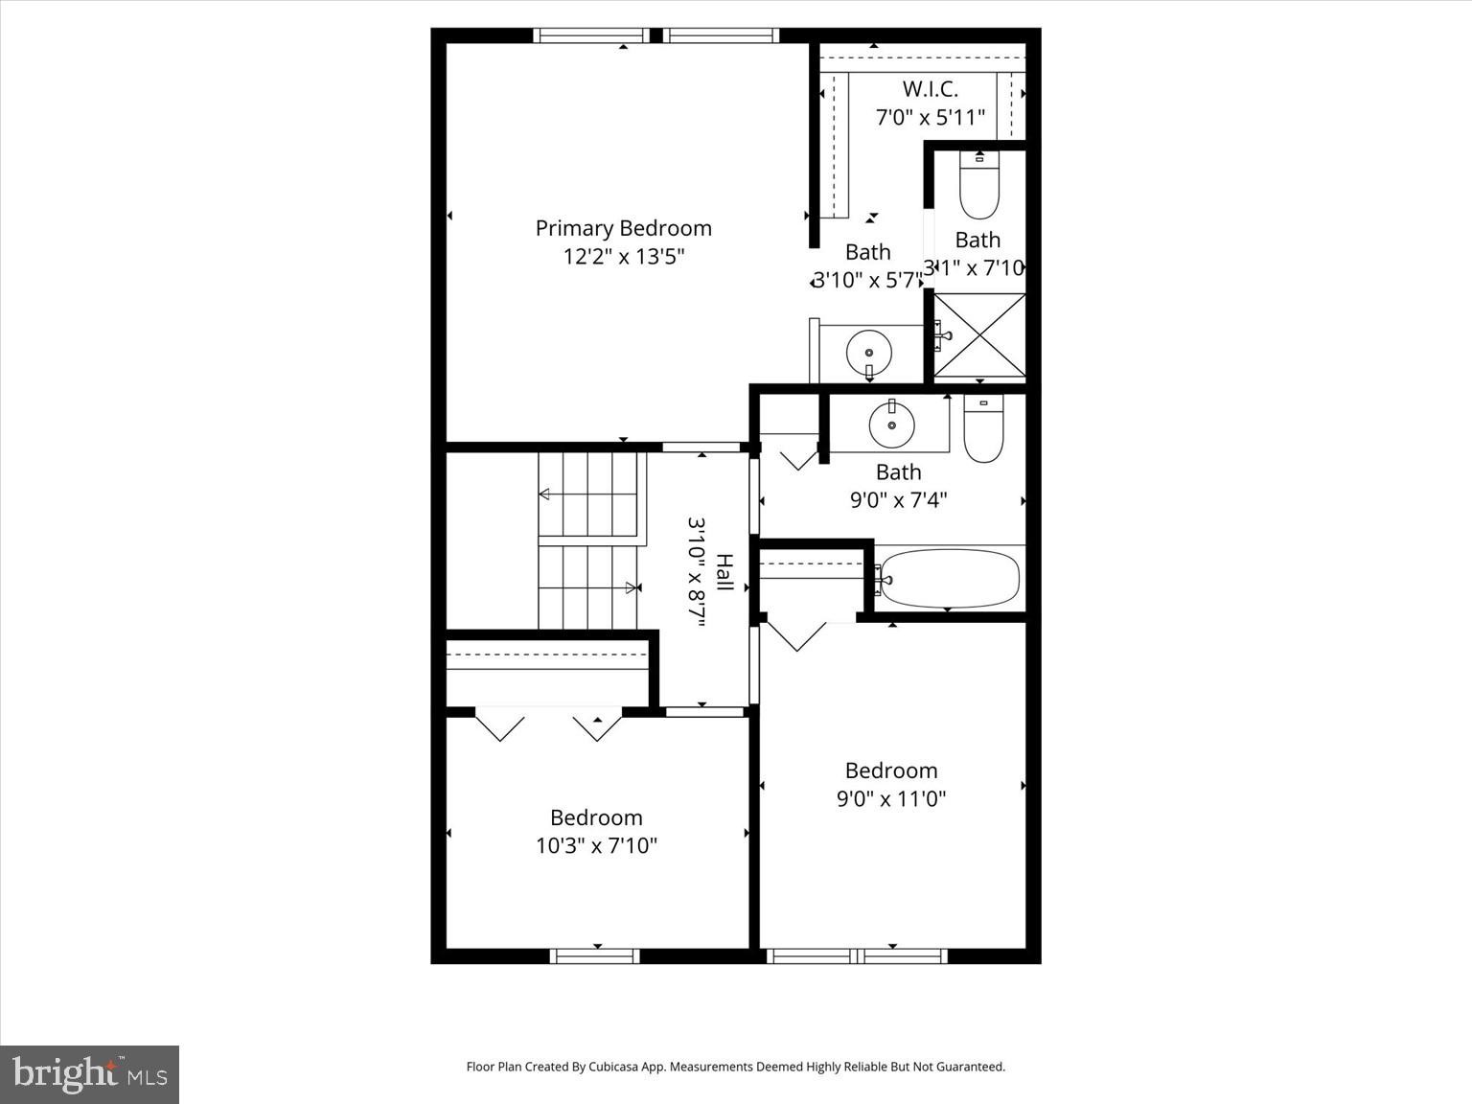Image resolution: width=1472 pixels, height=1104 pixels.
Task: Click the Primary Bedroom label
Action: [x=623, y=228]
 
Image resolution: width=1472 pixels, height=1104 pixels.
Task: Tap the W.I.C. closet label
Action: [x=930, y=89]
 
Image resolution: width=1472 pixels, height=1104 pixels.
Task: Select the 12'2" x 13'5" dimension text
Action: [x=623, y=257]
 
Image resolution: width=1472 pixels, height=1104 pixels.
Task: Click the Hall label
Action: [x=725, y=572]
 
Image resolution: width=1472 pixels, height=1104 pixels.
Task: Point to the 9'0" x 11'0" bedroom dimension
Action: [x=891, y=799]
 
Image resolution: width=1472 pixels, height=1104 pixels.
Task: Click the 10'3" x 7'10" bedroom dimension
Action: [x=596, y=845]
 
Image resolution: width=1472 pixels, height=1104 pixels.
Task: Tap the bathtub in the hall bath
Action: [x=949, y=577]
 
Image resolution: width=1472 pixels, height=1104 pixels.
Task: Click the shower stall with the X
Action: [x=979, y=335]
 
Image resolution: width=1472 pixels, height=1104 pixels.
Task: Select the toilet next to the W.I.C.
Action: [x=978, y=186]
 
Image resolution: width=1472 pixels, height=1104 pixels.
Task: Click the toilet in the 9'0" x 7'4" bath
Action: [x=983, y=430]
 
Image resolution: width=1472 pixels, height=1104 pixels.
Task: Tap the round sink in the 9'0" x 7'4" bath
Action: [x=891, y=424]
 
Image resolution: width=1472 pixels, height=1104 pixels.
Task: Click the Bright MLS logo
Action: [x=89, y=1074]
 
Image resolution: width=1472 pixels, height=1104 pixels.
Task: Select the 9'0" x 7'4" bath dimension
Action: [x=898, y=500]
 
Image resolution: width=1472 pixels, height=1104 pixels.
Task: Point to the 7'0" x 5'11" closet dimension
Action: [x=930, y=118]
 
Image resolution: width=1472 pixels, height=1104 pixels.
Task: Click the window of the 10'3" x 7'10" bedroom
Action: [x=595, y=955]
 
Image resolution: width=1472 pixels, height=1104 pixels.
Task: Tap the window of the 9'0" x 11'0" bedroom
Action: [x=857, y=955]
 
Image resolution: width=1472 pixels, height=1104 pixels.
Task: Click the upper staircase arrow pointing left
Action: [x=544, y=494]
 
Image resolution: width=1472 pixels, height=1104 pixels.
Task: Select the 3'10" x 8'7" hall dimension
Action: [x=697, y=572]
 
